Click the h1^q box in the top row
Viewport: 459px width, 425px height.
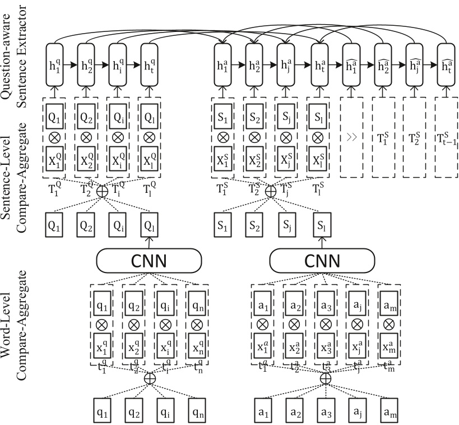click(54, 64)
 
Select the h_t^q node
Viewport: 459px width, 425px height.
click(150, 64)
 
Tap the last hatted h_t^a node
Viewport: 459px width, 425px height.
click(446, 64)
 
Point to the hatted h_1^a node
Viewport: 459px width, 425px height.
click(351, 64)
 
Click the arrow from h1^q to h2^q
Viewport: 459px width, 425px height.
click(70, 65)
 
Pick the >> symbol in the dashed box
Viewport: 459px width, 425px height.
click(351, 137)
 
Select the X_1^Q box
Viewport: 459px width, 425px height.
click(54, 159)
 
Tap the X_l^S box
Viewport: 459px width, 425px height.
click(318, 159)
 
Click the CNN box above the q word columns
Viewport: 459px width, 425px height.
click(149, 260)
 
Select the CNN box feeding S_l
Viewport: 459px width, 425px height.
click(322, 260)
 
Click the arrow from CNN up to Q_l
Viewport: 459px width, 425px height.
click(149, 243)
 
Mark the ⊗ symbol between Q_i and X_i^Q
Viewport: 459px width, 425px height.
click(118, 137)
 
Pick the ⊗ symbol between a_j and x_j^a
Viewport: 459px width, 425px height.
click(357, 324)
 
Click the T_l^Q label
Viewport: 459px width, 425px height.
click(149, 188)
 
